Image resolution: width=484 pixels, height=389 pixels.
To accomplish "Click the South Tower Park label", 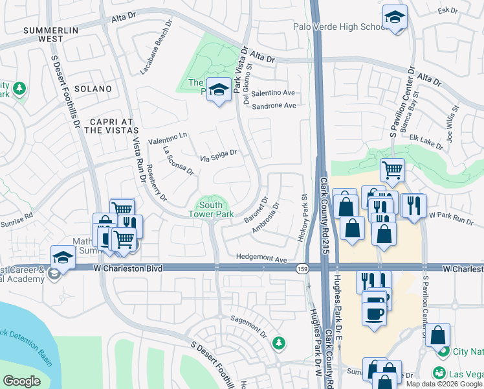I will tap(211, 209).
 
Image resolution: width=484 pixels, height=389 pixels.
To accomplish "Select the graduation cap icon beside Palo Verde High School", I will tap(394, 19).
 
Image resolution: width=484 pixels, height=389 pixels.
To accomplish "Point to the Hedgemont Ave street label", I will tap(261, 259).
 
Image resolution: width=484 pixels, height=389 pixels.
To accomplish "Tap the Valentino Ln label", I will tap(168, 138).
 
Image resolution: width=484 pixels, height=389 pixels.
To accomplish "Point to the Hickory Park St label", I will tap(302, 217).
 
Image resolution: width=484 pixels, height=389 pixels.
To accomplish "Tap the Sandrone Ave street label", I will tap(274, 106).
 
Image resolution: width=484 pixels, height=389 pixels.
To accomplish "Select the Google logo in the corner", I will tap(22, 381).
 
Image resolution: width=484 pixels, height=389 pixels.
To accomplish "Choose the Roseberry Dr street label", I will tap(157, 185).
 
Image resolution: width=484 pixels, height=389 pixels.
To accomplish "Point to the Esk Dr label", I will tap(448, 11).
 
